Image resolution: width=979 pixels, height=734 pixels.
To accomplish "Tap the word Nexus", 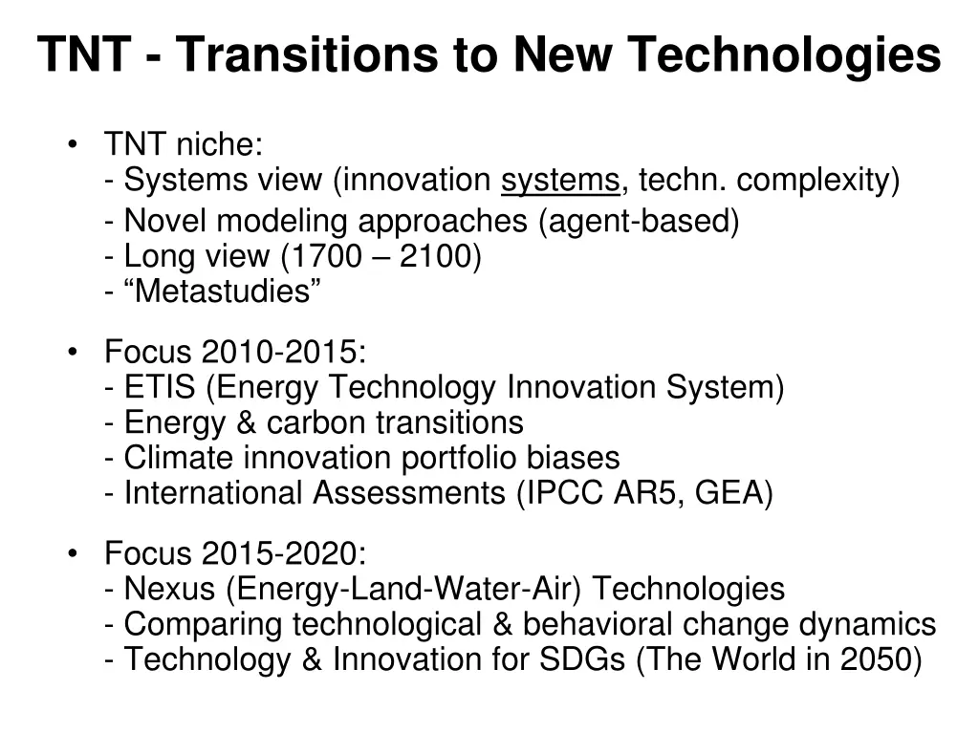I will click(170, 589).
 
